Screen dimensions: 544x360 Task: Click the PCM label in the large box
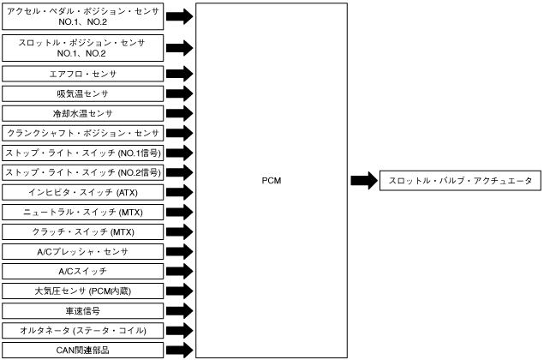(272, 181)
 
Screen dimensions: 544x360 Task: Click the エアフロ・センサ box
(82, 74)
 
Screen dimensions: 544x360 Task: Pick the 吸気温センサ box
(82, 93)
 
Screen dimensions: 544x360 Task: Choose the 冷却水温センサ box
(82, 113)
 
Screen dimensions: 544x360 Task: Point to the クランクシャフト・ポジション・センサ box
(82, 133)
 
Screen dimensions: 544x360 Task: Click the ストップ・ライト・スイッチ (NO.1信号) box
(82, 153)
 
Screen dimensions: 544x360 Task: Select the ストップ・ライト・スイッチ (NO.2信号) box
(82, 172)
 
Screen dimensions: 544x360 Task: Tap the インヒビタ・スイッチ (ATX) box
(82, 192)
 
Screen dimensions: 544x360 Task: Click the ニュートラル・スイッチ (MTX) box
(82, 212)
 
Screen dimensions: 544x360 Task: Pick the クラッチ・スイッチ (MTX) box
(82, 231)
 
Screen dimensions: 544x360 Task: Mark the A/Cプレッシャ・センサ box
(82, 251)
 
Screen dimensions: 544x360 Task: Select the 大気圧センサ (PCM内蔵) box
(82, 291)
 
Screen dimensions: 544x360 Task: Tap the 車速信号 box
(82, 310)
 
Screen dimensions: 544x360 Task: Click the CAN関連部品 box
(82, 350)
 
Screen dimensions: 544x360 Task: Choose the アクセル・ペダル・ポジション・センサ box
(82, 16)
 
